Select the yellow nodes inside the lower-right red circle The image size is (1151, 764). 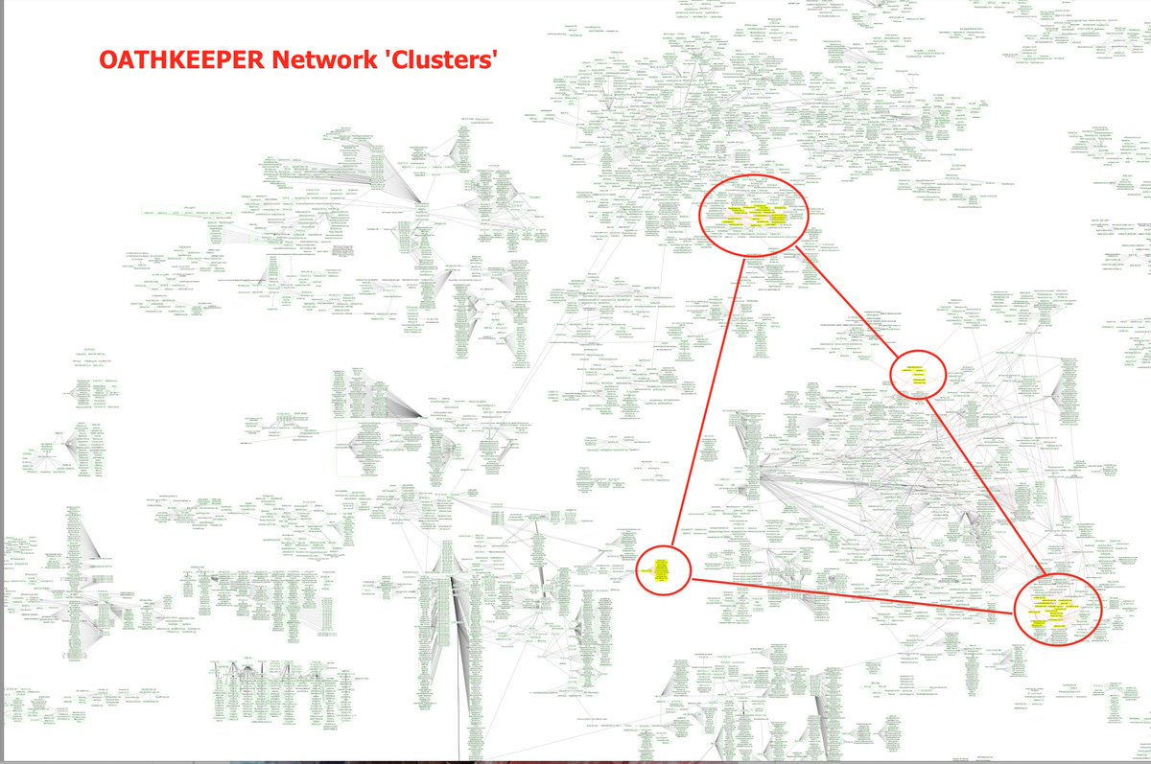click(1055, 610)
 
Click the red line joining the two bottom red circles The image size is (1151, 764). click(854, 595)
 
